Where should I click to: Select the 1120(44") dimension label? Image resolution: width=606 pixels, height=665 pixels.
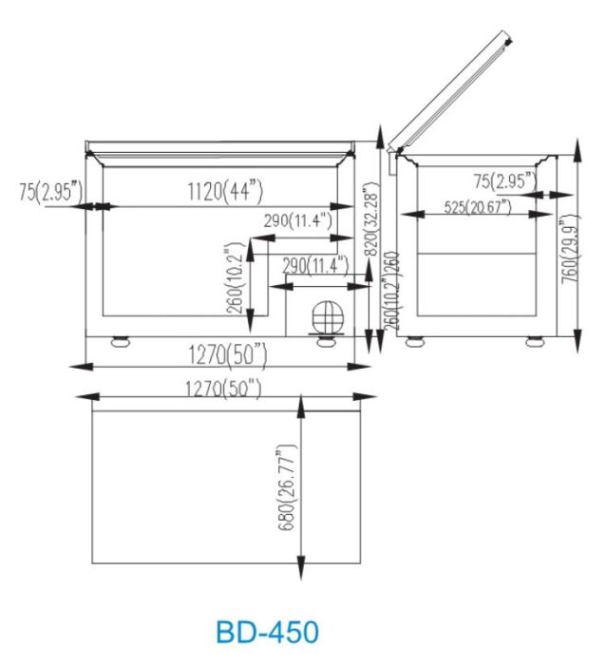[x=224, y=191]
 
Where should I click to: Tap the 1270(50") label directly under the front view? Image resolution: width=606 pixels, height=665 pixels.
[x=226, y=354]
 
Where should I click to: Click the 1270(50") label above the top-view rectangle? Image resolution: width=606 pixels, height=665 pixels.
[x=226, y=388]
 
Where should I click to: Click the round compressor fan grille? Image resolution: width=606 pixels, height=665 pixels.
[x=325, y=317]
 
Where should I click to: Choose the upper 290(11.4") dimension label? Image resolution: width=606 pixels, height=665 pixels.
[x=297, y=221]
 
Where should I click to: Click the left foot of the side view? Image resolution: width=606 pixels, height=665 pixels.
[x=414, y=341]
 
